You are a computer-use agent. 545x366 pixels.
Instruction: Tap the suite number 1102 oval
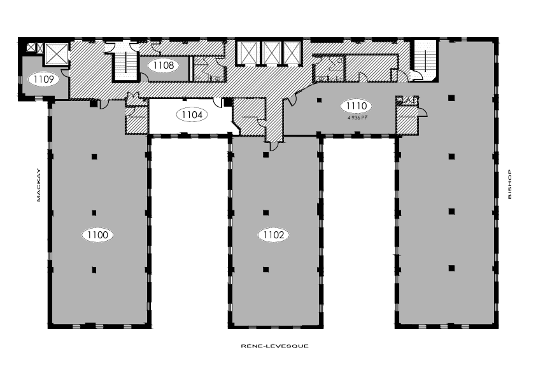[x=274, y=235]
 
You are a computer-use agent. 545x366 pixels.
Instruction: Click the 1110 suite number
[x=355, y=106]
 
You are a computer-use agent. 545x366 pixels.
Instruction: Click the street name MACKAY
[x=38, y=185]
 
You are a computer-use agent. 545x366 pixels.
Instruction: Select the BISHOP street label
[x=509, y=185]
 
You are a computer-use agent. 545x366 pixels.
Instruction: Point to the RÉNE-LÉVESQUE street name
[x=274, y=346]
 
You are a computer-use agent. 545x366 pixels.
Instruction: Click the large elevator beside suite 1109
[x=55, y=53]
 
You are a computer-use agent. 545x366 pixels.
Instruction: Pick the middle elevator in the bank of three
[x=271, y=53]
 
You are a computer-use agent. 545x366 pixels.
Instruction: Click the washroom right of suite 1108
[x=208, y=70]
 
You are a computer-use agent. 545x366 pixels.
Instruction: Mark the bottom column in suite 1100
[x=94, y=269]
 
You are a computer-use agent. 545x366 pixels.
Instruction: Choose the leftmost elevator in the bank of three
[x=246, y=53]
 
